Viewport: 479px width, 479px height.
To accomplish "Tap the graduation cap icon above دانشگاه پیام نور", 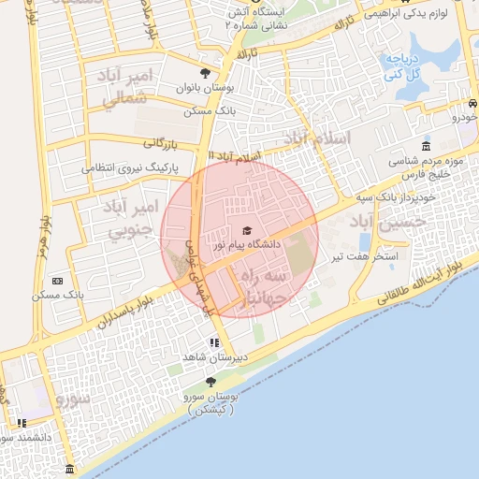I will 247,230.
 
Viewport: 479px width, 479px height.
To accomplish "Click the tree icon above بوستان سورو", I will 210,382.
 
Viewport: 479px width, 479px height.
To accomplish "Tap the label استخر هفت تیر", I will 372,255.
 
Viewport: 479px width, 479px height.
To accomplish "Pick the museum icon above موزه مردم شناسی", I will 426,147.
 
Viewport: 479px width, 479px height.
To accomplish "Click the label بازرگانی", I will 160,144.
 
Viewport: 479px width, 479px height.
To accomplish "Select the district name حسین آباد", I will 387,222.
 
